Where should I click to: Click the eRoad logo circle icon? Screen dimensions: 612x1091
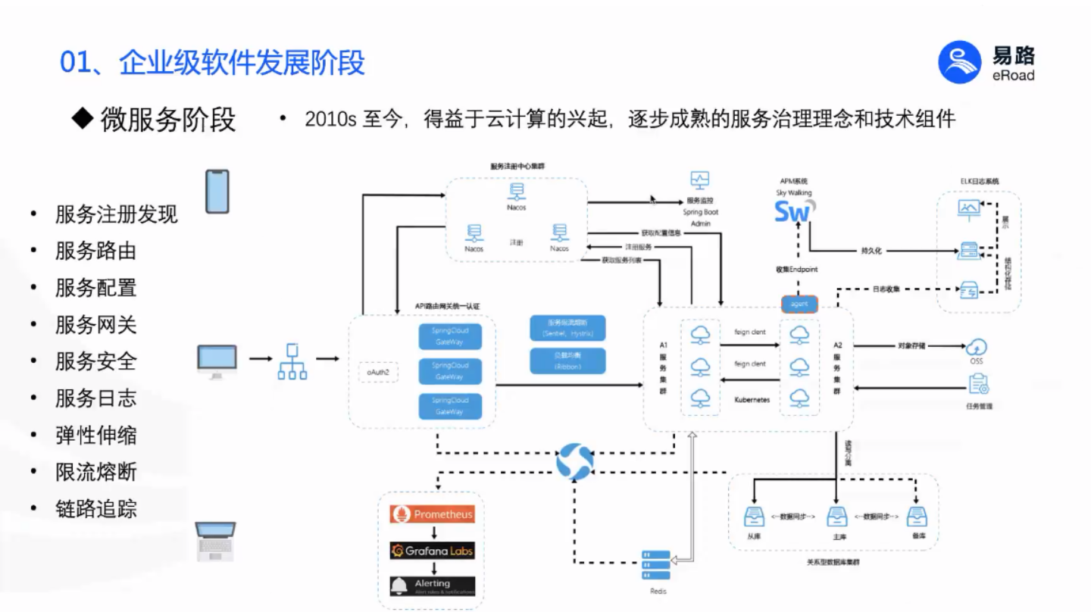point(959,61)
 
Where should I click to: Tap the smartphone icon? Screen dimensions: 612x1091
point(217,192)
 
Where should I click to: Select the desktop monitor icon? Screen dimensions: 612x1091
point(217,361)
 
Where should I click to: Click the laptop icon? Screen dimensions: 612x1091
point(215,540)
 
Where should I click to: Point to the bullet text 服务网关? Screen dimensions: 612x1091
point(95,324)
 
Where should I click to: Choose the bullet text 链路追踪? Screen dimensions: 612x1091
point(95,508)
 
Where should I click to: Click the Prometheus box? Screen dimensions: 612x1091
point(432,514)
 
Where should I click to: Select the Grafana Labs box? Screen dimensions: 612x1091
point(432,551)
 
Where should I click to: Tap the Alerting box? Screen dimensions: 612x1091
point(432,586)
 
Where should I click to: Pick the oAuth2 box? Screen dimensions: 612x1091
point(378,372)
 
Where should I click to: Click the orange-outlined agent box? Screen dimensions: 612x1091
point(799,304)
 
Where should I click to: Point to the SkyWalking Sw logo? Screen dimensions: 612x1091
point(793,211)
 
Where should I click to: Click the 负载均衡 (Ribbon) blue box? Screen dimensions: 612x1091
point(567,361)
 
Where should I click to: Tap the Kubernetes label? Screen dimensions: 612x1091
point(752,398)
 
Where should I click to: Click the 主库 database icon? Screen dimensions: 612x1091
point(837,517)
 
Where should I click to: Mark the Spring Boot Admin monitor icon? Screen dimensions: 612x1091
point(699,181)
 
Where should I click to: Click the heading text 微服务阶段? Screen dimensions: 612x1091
point(167,119)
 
